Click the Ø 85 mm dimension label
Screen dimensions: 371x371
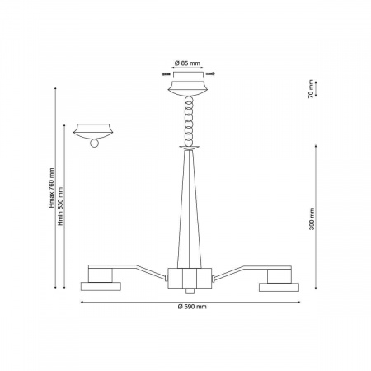coord(187,63)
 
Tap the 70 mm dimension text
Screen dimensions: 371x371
coord(311,89)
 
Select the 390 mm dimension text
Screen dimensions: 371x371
coord(312,218)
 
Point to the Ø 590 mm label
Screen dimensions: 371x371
coord(192,307)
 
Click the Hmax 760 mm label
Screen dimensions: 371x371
coord(51,188)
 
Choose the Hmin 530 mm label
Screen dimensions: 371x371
coord(60,206)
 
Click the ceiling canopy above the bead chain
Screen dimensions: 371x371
coord(188,88)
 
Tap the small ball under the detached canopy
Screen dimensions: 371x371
coord(94,143)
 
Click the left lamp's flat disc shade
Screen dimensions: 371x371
coord(101,286)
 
